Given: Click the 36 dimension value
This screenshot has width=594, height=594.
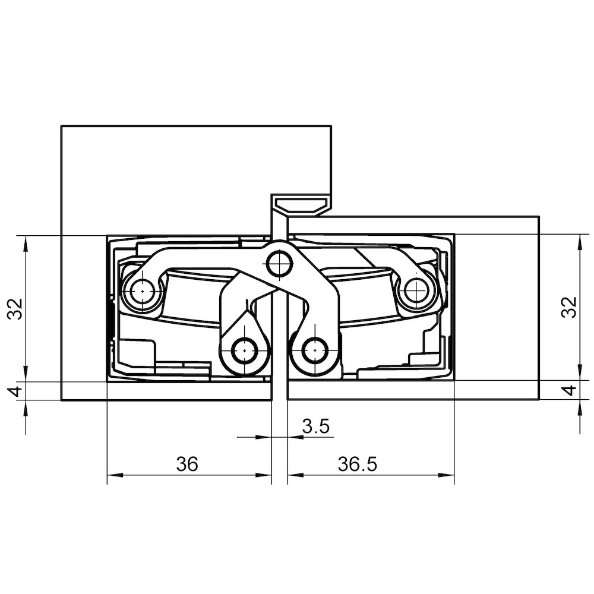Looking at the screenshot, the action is coord(187,464).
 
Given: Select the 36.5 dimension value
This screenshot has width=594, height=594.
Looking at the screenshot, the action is coord(358,464).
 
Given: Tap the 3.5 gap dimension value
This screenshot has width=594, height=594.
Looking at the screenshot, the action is coord(316,426).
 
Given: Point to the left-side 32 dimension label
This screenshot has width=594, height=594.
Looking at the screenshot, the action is coord(16,309).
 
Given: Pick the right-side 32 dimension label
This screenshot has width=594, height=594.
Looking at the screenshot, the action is coord(570,307).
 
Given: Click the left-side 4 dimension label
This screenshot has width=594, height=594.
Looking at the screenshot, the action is coord(16,391).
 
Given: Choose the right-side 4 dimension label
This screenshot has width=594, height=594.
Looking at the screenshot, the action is coord(570,390).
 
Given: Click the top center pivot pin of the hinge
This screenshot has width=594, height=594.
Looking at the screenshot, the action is coord(279,263).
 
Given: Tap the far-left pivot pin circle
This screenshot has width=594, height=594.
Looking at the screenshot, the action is coord(142,291).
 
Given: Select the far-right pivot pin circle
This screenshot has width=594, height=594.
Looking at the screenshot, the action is coord(416,290).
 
